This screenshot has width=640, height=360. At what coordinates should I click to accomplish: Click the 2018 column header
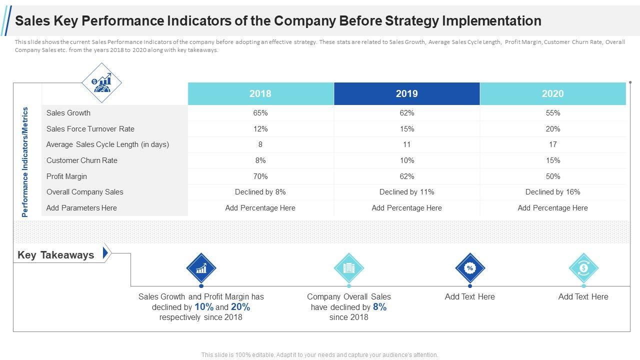click(260, 93)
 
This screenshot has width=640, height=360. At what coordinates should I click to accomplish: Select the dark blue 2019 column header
click(406, 93)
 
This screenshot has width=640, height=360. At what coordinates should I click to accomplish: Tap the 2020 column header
click(552, 93)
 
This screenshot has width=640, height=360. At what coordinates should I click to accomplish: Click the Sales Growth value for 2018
click(260, 113)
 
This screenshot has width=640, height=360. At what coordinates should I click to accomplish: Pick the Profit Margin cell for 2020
click(553, 176)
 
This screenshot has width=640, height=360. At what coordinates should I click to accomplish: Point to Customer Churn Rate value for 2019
click(407, 160)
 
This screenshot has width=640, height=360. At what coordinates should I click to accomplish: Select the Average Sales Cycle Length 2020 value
click(553, 144)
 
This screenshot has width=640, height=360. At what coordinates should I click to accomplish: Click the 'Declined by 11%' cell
click(407, 192)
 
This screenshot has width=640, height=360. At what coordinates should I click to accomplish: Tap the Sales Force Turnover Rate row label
click(90, 129)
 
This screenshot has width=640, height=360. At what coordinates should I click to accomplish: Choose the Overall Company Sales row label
click(85, 192)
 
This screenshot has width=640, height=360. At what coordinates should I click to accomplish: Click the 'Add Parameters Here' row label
click(81, 208)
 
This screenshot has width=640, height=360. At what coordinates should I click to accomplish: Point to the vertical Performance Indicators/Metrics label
click(25, 162)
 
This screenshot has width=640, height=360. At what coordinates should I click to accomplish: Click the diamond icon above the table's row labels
click(102, 82)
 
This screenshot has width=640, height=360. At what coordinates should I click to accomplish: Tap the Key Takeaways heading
click(56, 255)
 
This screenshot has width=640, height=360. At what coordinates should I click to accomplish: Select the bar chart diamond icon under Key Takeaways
click(201, 268)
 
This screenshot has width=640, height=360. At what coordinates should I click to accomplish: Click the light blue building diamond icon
click(348, 268)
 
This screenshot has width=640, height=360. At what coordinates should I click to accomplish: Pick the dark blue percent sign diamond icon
click(470, 268)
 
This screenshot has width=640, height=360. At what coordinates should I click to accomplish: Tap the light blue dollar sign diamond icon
click(583, 268)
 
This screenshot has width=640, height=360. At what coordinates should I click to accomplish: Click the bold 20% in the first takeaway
click(240, 307)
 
